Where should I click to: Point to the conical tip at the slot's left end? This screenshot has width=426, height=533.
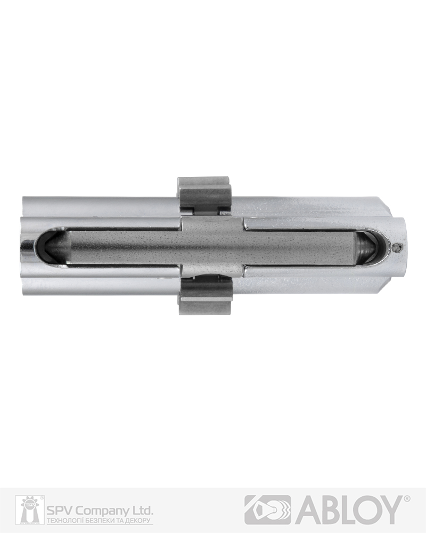point(57,247)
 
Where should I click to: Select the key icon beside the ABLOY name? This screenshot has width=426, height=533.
point(268,510)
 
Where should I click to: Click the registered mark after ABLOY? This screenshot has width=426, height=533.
point(407,498)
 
